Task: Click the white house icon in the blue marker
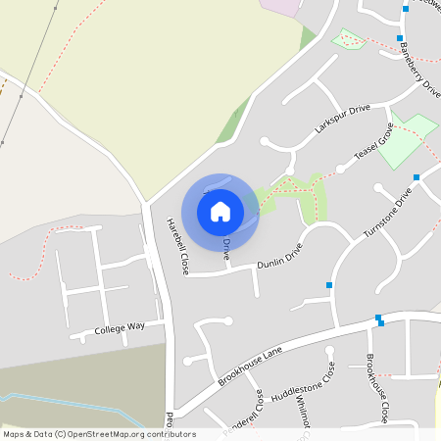pyautogui.click(x=220, y=211)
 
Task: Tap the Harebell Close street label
pyautogui.click(x=176, y=244)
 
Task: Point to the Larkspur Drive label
pyautogui.click(x=342, y=120)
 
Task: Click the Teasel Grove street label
pyautogui.click(x=373, y=145)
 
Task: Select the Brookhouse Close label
pyautogui.click(x=377, y=387)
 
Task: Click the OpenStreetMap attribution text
pyautogui.click(x=99, y=434)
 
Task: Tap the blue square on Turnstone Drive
pyautogui.click(x=416, y=177)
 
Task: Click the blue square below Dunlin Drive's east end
pyautogui.click(x=329, y=285)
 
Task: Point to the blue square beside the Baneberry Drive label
pyautogui.click(x=400, y=38)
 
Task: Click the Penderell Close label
pyautogui.click(x=243, y=417)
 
